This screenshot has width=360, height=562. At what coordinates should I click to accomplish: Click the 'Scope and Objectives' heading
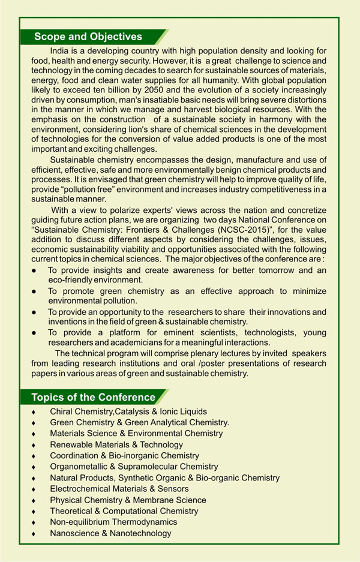(88, 37)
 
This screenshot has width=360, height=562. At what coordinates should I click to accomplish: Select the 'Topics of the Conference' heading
(93, 397)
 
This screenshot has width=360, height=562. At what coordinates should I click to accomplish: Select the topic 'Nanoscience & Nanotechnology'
(110, 533)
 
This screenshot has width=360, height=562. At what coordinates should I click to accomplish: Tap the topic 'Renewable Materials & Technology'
(116, 444)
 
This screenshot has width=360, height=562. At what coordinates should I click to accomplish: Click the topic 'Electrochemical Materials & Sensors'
(119, 489)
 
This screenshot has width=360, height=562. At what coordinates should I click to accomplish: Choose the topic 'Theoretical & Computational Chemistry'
(124, 511)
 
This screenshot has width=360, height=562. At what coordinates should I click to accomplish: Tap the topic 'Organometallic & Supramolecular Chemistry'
(134, 467)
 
